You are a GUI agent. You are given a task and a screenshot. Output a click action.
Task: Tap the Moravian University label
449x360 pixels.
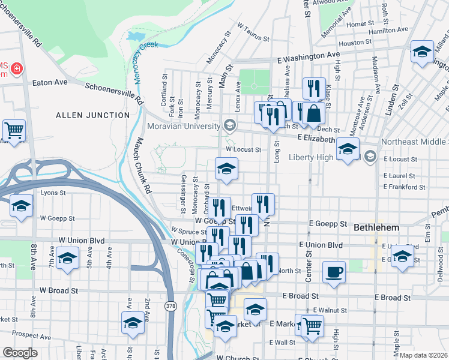point(184,127)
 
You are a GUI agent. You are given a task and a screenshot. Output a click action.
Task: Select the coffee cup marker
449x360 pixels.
point(334,272)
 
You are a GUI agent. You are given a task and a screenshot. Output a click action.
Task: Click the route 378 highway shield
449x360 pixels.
point(170,305)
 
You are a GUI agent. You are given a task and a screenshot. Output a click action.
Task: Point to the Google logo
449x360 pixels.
point(20,353)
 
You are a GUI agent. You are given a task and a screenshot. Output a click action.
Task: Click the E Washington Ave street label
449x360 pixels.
point(308,55)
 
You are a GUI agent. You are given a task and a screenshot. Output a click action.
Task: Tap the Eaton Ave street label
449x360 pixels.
point(50,82)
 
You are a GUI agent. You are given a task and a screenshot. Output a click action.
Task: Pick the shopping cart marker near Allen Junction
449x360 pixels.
point(14,129)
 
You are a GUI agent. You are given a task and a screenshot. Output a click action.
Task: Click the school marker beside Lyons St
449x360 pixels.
point(21,207)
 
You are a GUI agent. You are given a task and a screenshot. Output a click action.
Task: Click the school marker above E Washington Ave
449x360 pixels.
point(422,52)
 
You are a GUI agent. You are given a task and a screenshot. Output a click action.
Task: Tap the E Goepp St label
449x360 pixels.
point(328,223)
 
